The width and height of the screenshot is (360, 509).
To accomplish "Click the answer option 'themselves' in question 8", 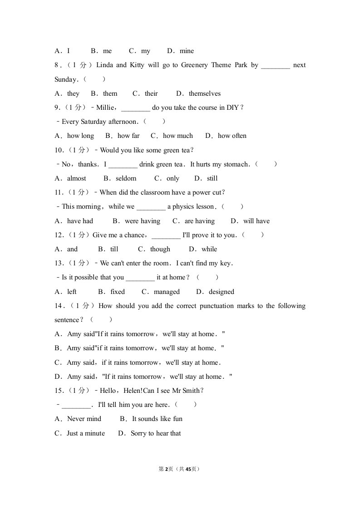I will pos(204,93).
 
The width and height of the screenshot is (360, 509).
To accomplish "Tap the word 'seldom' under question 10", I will pos(126,178).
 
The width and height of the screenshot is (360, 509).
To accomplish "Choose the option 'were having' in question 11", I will pos(142,221).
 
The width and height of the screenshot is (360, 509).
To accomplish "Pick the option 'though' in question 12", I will pos(160,249).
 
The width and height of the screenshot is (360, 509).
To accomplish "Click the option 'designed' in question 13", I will pos(222,292).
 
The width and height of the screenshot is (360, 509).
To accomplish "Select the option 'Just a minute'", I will pos(85,433).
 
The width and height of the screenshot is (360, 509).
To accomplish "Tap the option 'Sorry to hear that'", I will pos(156,433).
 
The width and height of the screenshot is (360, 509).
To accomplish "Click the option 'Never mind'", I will pos(84,419).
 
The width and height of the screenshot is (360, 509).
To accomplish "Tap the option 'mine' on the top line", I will pos(187,51).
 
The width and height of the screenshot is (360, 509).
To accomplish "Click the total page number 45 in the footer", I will pos(189,469).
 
